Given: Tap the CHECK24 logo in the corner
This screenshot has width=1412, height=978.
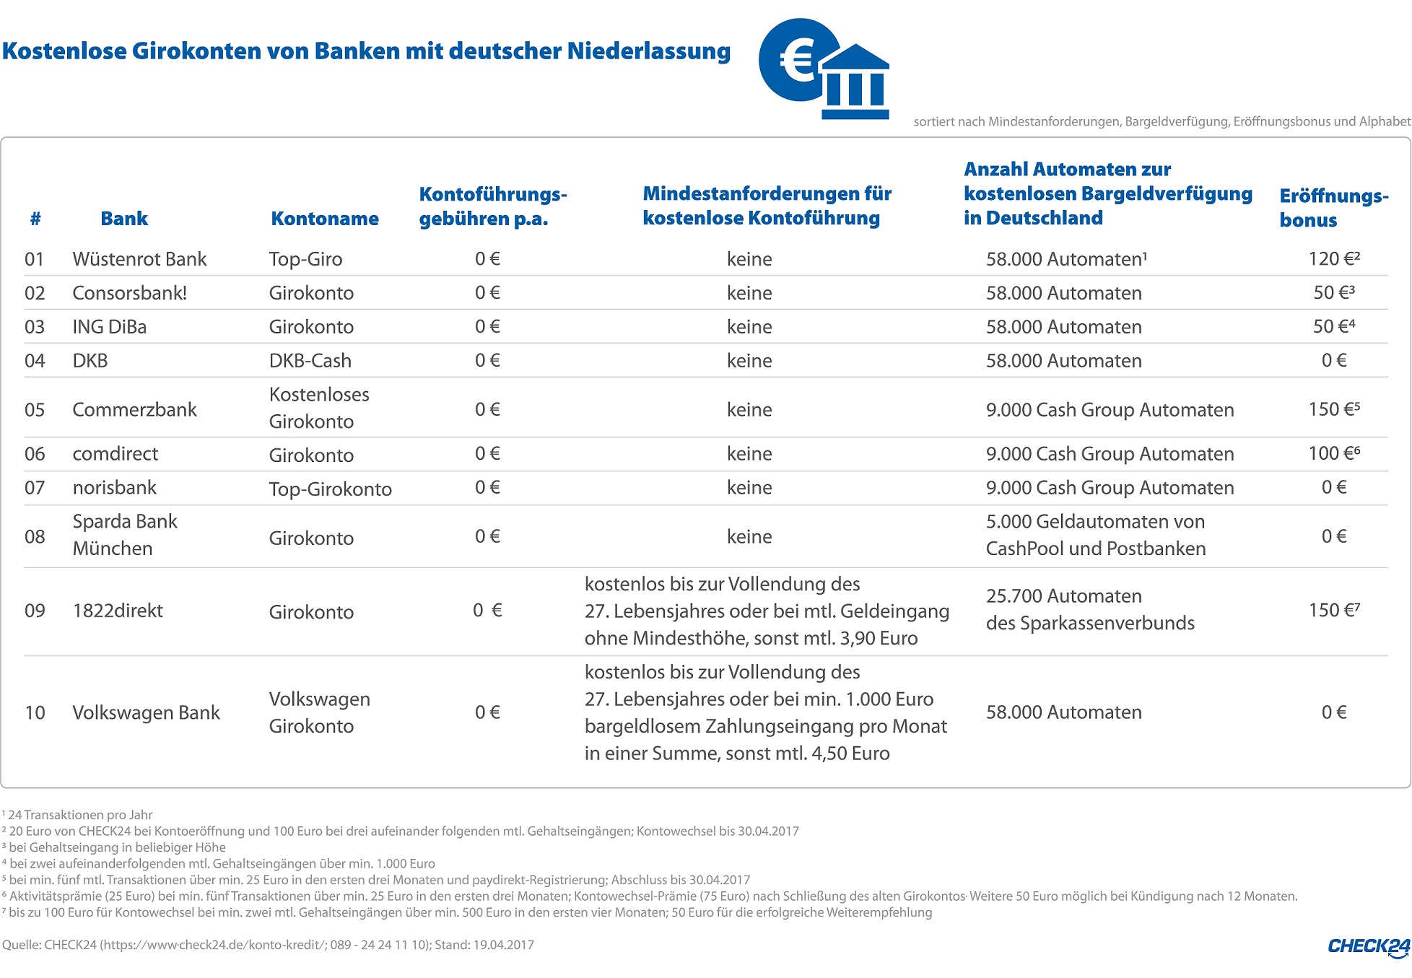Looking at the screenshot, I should pos(1368,947).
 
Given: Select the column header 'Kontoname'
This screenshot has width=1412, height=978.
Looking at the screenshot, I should pos(324,219).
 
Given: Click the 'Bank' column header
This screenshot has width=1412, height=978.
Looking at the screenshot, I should pos(124,219).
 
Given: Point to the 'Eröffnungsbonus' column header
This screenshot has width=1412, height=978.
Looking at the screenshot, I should pos(1333,208).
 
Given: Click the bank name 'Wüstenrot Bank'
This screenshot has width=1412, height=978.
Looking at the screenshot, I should pos(139,259).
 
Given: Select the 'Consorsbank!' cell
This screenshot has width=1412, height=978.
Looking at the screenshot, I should pos(129,293).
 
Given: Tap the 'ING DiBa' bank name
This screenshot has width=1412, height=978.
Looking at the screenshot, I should pos(109,327).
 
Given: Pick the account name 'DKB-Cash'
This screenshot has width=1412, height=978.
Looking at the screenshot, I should pos(310,361).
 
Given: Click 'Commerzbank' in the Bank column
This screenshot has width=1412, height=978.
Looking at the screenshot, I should pos(134,410).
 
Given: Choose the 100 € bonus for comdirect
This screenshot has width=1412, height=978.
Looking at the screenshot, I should pos(1333,453).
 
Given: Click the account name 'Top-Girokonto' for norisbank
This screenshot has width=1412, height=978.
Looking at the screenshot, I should pos(330,489).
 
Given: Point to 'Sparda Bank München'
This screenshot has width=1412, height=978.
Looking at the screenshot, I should pos(124,535).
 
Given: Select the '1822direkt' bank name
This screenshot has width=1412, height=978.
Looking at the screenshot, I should pos(118,611).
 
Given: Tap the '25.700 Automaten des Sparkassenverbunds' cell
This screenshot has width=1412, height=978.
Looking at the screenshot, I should pos(1089,609).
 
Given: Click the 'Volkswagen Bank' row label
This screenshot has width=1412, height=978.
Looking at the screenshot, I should pos(146,712).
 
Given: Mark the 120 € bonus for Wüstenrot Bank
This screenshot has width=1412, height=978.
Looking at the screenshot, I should pos(1333,259).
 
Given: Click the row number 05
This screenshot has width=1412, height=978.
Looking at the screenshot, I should pos(35,410).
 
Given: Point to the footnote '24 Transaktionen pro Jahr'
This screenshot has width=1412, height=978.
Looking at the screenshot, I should pos(79,815).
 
